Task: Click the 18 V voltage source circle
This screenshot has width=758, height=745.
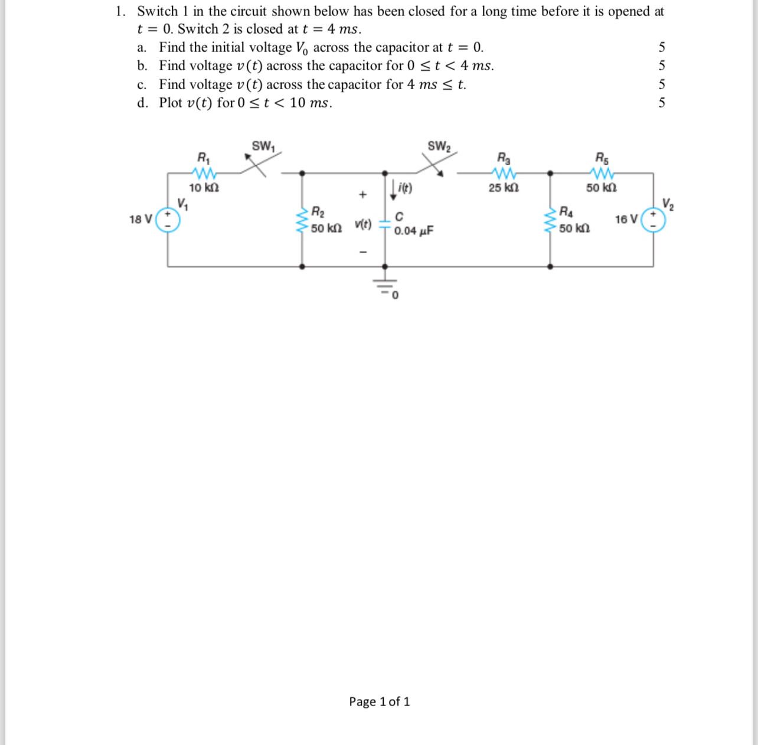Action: (168, 220)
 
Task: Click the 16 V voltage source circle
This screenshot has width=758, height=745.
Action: (653, 220)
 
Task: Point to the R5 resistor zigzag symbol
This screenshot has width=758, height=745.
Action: (602, 174)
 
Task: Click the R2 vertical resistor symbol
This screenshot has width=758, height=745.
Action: (303, 220)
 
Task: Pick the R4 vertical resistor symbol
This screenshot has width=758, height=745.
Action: (551, 220)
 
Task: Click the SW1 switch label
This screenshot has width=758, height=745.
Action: (263, 146)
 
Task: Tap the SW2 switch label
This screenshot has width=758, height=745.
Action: (439, 146)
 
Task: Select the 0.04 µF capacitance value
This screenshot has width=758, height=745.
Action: (414, 231)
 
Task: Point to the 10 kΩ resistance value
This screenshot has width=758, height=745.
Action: (204, 188)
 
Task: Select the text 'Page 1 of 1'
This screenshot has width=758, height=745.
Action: (379, 701)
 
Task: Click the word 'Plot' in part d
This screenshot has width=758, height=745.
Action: (171, 103)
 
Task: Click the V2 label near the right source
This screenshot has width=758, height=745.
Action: (668, 204)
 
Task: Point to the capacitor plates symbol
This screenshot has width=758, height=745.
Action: (385, 224)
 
